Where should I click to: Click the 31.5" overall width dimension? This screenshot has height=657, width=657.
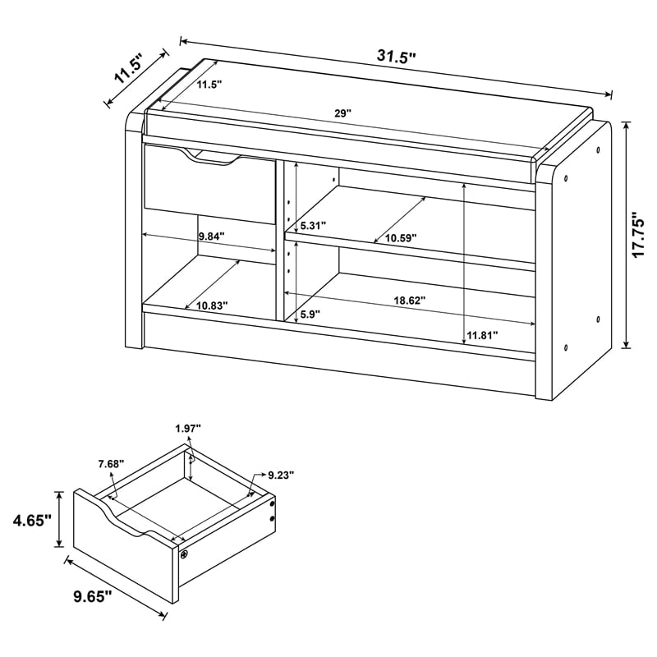[x=397, y=57]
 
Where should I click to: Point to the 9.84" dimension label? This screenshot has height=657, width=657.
[x=211, y=237]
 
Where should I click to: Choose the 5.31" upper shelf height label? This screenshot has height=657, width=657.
[x=314, y=226]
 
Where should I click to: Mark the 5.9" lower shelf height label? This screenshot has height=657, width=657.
[x=311, y=313]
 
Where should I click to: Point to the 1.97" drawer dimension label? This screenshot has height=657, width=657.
[x=187, y=428]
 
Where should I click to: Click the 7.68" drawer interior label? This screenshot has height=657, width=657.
[x=110, y=464]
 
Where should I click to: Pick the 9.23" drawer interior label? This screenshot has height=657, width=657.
[x=280, y=475]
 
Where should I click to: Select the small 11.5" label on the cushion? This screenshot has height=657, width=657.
[x=208, y=85]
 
